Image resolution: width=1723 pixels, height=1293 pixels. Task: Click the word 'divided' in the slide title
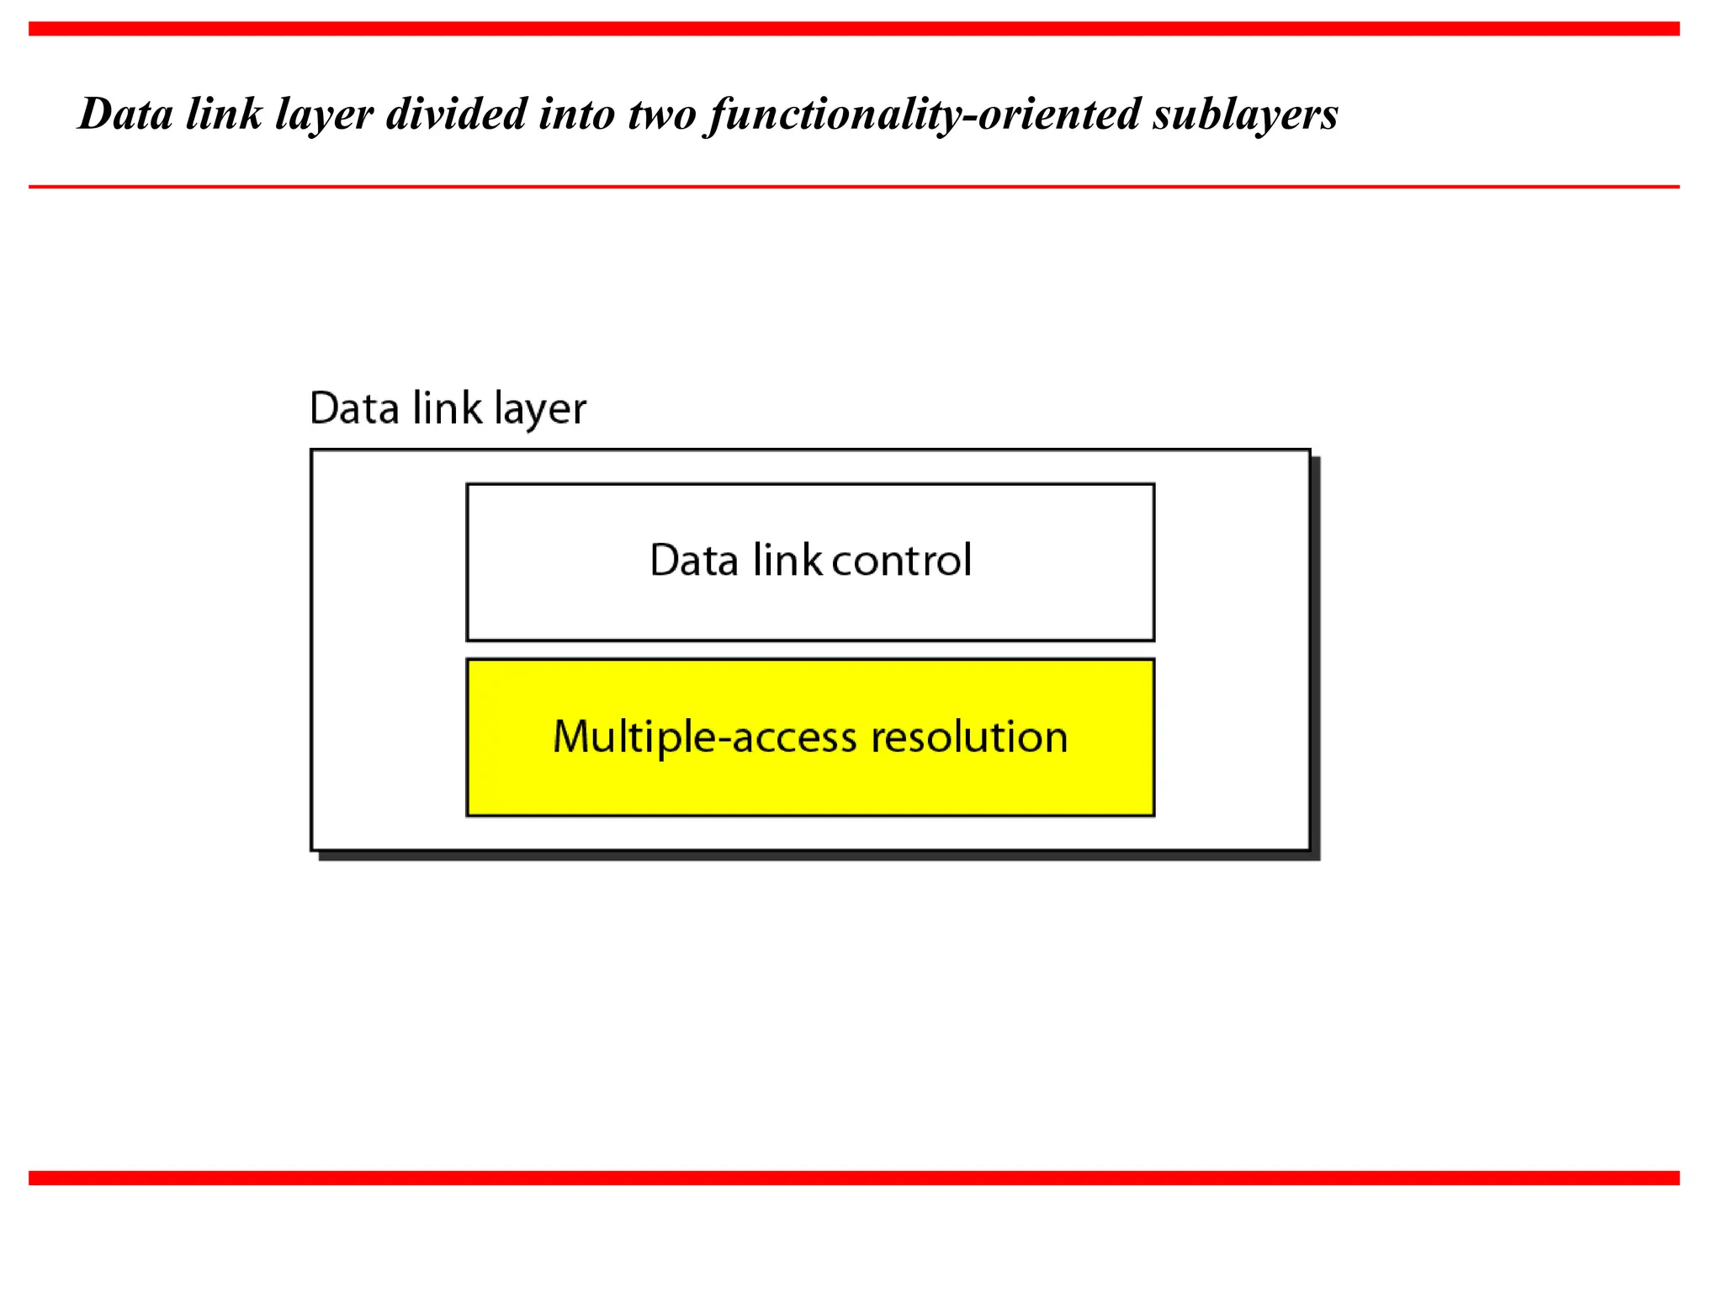click(x=456, y=114)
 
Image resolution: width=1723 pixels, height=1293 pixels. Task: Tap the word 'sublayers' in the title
click(x=1245, y=114)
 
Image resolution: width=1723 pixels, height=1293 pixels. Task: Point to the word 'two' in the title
click(x=662, y=114)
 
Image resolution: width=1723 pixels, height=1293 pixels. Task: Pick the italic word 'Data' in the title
click(x=125, y=114)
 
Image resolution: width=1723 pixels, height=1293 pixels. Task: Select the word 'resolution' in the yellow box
click(x=969, y=737)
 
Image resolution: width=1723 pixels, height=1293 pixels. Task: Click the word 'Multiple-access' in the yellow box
click(x=705, y=737)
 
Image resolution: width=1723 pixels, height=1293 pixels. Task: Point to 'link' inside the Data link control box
click(x=787, y=561)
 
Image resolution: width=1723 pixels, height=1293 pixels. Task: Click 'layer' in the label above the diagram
click(x=540, y=411)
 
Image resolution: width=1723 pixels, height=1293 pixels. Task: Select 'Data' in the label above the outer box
click(x=354, y=409)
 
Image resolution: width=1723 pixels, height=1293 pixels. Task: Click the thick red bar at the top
click(x=854, y=29)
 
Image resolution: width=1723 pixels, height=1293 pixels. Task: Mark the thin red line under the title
click(x=854, y=186)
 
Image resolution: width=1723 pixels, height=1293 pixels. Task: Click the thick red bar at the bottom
click(x=854, y=1178)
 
